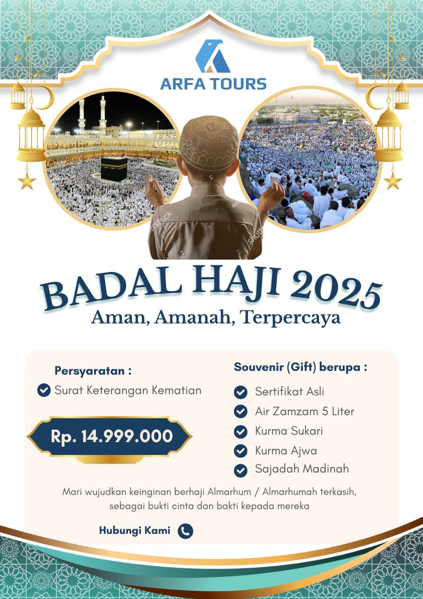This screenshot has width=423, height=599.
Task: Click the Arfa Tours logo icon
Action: [x=213, y=56]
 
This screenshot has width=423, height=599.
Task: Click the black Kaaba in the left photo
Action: [x=114, y=169]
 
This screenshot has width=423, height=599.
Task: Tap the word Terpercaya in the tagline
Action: [x=291, y=318]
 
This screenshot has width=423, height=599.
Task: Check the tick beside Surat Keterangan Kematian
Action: [x=44, y=390]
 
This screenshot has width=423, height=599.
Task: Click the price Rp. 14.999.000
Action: [x=112, y=437]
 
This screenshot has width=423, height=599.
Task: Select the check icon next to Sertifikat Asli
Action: [x=240, y=392]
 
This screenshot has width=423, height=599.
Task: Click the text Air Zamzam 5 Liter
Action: [x=304, y=411]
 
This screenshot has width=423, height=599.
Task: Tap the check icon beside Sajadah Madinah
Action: [x=240, y=471]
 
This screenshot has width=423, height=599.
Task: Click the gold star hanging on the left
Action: [x=27, y=181]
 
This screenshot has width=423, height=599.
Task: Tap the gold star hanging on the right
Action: [x=393, y=181]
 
